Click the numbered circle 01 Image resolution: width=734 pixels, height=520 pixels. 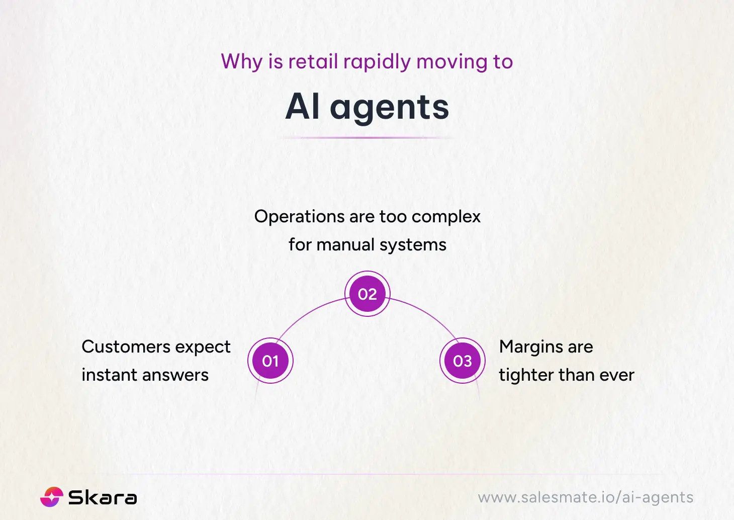[x=270, y=361]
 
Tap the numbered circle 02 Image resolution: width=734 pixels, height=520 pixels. [x=368, y=294]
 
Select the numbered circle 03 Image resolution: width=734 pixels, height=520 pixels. [x=463, y=361]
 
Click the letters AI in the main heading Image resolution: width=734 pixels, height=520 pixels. [x=303, y=107]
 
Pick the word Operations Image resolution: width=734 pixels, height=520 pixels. [x=299, y=217]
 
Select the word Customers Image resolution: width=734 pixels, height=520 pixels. [x=126, y=347]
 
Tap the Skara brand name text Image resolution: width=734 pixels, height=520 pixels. [x=103, y=497]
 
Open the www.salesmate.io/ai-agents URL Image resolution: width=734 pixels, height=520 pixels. [x=585, y=497]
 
